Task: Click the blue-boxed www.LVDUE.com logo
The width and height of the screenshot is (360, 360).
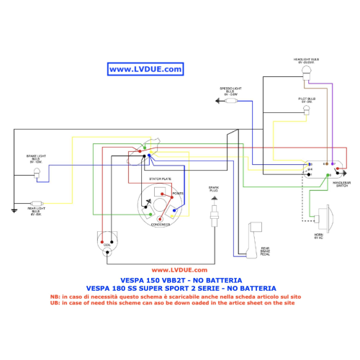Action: [145, 69]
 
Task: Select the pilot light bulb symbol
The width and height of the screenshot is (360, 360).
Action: [307, 109]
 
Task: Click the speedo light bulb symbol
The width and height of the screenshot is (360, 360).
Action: [231, 102]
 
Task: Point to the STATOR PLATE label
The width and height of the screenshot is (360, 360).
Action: [160, 177]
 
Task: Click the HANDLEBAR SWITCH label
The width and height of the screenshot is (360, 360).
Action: [342, 184]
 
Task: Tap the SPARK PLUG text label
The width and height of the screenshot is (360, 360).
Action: [213, 189]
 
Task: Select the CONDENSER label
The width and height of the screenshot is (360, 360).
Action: [160, 225]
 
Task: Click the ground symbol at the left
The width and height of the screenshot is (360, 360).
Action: [14, 211]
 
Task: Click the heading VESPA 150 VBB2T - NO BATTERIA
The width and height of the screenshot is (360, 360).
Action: [181, 279]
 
